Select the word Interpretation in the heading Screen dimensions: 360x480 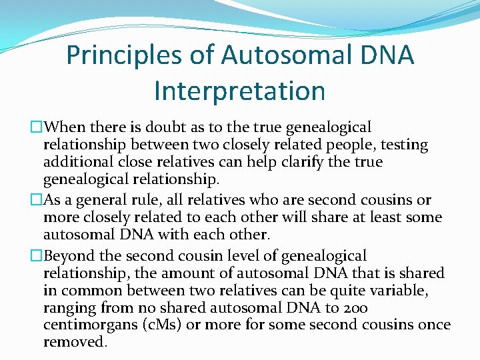239,91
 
